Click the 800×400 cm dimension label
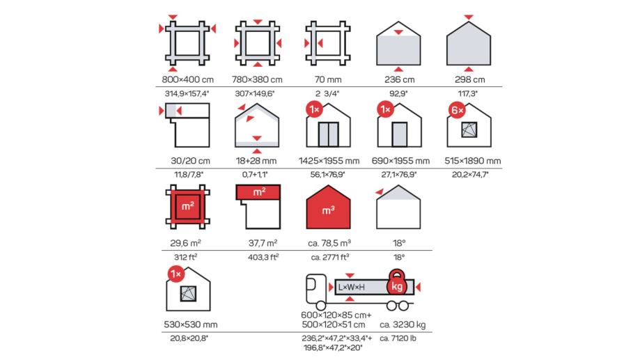(x=188, y=79)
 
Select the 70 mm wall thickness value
(x=328, y=79)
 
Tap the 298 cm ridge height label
(x=469, y=79)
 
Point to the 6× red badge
(x=457, y=110)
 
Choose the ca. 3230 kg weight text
(x=403, y=325)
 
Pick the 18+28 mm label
(x=256, y=161)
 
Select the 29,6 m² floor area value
(x=185, y=243)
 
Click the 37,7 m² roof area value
(x=263, y=243)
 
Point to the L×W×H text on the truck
(x=352, y=288)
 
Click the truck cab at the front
(x=316, y=288)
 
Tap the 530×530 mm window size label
(x=191, y=325)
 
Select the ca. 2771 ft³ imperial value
(x=330, y=257)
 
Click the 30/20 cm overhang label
(x=190, y=161)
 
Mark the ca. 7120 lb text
(x=398, y=338)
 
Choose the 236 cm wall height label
(x=399, y=79)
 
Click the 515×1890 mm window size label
(x=473, y=161)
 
